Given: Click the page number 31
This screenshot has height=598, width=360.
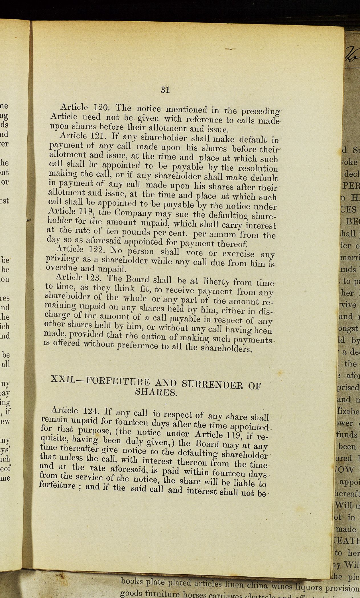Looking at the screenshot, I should point(165,90).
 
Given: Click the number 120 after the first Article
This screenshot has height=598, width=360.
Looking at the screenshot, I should point(100,107).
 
